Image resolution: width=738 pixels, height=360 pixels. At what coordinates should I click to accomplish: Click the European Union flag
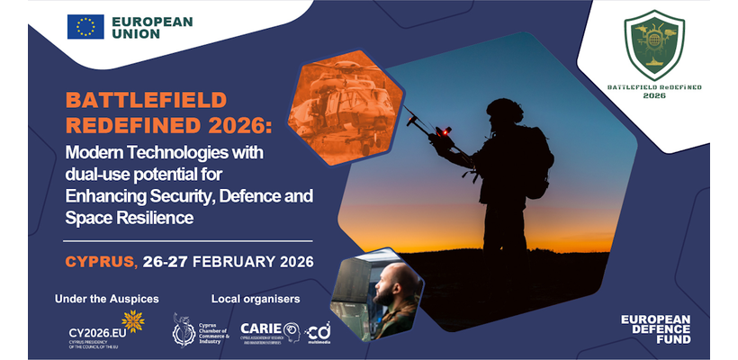pos(85,27)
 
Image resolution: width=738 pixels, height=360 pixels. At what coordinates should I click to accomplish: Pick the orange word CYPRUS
pos(99,262)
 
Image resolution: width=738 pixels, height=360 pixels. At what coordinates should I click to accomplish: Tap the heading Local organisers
pos(256,297)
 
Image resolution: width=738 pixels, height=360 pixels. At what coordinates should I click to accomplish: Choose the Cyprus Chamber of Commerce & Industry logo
pos(201,330)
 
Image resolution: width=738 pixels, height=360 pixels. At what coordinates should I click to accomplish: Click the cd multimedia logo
pos(318,331)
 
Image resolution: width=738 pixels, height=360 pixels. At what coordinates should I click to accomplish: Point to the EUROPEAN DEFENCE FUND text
pos(656,329)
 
